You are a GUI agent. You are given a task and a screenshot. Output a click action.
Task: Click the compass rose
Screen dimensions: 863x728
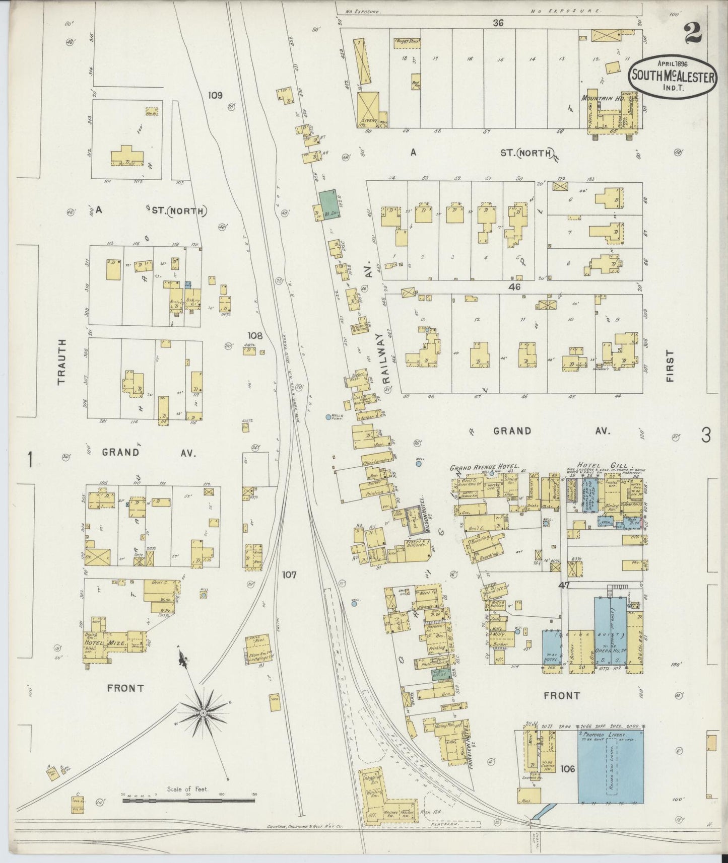coord(203,713)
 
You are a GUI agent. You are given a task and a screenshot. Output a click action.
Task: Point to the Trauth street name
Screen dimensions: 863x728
coord(61,362)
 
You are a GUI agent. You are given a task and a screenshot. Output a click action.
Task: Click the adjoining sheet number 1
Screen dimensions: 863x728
coord(31,459)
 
